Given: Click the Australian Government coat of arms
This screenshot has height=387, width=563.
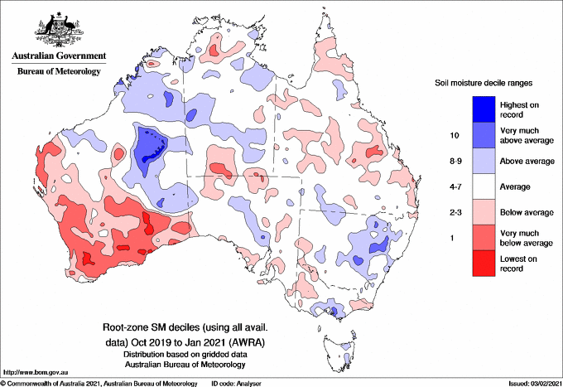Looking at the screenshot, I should [x=58, y=28].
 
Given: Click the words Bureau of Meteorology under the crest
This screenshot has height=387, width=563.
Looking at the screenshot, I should [x=58, y=72].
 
